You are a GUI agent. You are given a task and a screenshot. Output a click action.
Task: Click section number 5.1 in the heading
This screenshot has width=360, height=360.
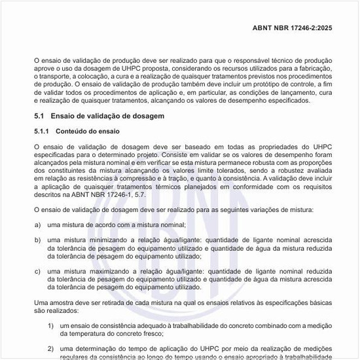pos(39,115)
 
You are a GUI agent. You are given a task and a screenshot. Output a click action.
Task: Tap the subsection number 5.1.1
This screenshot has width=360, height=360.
pos(41,130)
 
